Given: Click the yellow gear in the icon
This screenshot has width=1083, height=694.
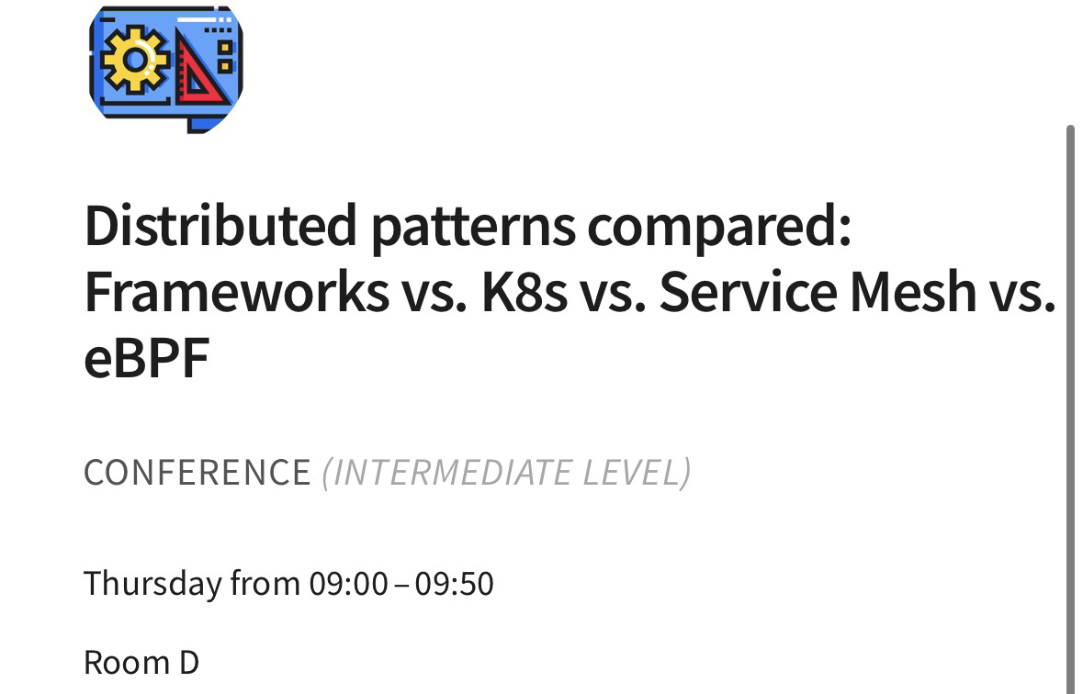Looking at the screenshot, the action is [x=135, y=60].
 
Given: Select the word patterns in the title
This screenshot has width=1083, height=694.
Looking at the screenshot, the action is [x=473, y=228].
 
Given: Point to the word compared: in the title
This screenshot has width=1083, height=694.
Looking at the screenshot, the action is [x=719, y=228].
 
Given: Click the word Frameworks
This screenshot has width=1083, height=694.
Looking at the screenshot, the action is [x=237, y=291].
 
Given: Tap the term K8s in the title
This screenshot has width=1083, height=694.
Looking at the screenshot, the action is [x=525, y=291].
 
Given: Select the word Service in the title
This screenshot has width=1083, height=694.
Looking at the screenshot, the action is [x=748, y=291].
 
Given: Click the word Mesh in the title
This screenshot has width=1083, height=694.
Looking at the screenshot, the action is [x=912, y=291].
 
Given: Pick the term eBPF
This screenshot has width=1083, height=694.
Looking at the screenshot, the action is [x=146, y=358].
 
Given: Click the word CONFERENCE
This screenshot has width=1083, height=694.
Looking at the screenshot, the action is [x=197, y=473].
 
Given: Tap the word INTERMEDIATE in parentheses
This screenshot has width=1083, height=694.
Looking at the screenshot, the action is [x=453, y=473].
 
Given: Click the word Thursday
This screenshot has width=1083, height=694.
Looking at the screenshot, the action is [x=152, y=584].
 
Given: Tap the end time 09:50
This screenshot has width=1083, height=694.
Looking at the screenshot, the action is [x=455, y=584].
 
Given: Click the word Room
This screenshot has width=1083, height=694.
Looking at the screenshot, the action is [x=127, y=663].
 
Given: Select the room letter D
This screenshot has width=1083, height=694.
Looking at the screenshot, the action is [x=189, y=663].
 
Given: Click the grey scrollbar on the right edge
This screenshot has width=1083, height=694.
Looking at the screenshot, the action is [x=1070, y=409].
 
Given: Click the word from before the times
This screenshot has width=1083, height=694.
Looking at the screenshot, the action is [x=265, y=584].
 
